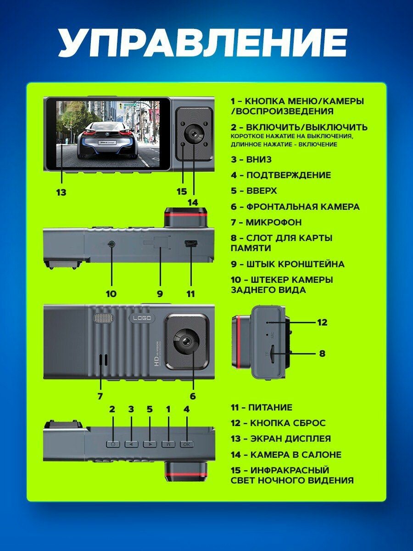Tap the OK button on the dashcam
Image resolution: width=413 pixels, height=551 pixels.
186,444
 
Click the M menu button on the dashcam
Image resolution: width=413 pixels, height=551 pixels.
168,444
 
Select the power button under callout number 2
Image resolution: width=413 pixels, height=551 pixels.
112,444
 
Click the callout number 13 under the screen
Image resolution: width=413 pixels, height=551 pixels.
61,192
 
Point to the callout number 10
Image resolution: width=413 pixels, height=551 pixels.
111,294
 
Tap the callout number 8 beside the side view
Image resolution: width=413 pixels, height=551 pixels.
322,354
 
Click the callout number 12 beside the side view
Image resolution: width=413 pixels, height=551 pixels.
322,322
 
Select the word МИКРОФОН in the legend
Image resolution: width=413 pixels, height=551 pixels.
273,222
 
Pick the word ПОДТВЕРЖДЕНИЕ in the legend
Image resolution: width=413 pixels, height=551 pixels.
288,175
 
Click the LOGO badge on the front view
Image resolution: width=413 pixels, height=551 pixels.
142,318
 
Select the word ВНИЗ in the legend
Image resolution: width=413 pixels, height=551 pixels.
259,159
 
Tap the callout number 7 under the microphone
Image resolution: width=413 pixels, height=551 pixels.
100,396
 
